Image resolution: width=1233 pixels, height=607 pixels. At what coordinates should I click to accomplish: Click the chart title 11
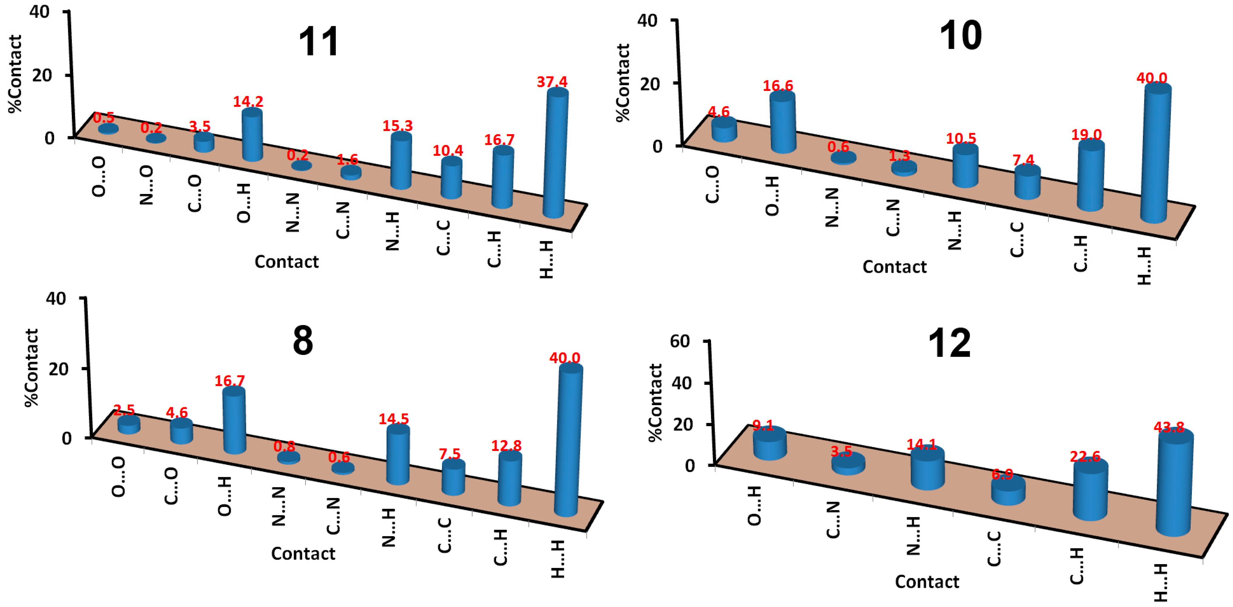tap(318, 42)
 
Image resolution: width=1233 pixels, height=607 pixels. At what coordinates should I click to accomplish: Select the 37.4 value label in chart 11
tap(552, 82)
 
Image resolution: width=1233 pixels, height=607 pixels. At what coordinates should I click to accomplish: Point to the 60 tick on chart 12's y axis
tap(680, 341)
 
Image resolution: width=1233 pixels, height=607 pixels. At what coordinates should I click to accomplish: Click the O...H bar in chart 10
tap(783, 122)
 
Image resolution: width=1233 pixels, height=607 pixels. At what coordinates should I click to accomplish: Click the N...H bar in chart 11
tap(401, 160)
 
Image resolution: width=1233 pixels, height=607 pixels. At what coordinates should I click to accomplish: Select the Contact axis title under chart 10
tap(894, 267)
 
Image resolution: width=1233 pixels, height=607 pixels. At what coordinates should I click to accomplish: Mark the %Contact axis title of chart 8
tap(31, 368)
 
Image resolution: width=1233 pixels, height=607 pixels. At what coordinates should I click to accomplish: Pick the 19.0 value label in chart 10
tap(1086, 134)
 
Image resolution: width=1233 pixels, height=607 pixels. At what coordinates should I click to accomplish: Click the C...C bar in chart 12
tap(1008, 490)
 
